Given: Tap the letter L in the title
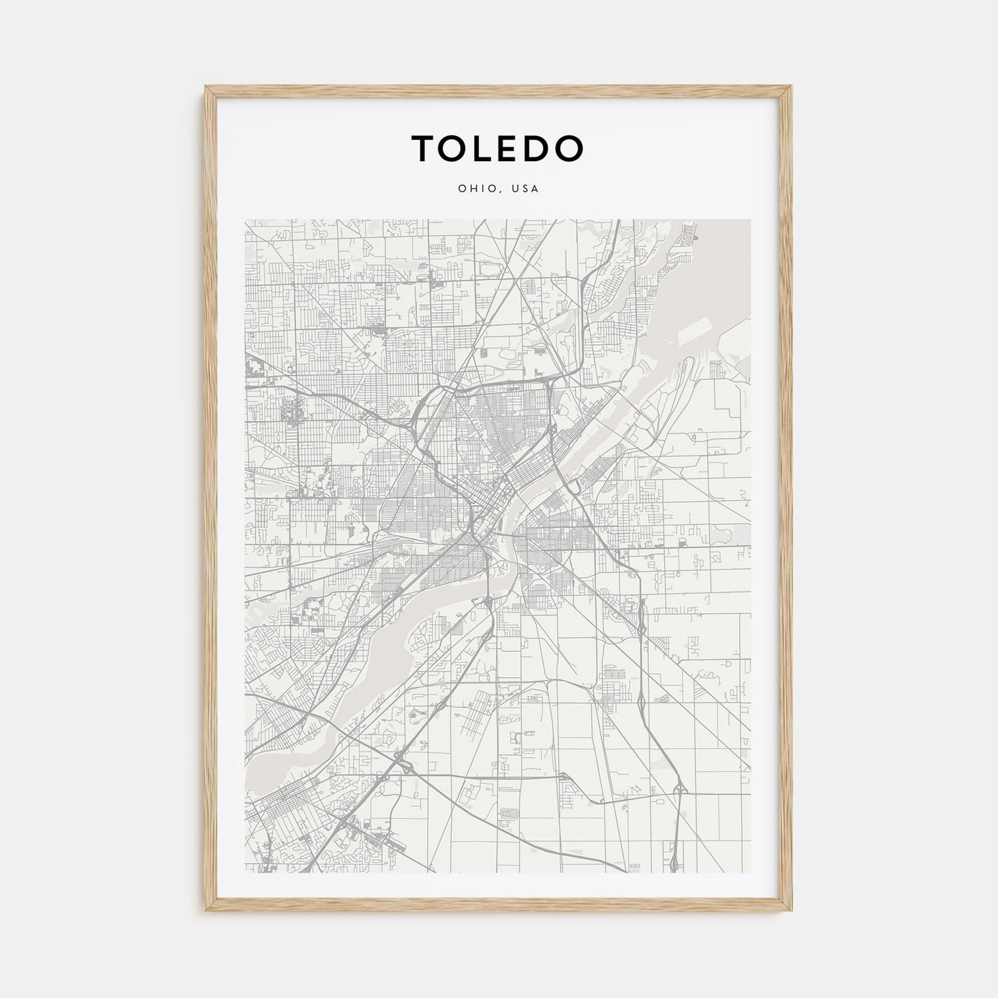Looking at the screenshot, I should (489, 148).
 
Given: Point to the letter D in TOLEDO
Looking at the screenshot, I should (541, 148).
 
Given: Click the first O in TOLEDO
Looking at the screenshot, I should (456, 148).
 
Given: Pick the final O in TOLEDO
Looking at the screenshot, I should (571, 148).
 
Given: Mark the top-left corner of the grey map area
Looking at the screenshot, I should (245, 220).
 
